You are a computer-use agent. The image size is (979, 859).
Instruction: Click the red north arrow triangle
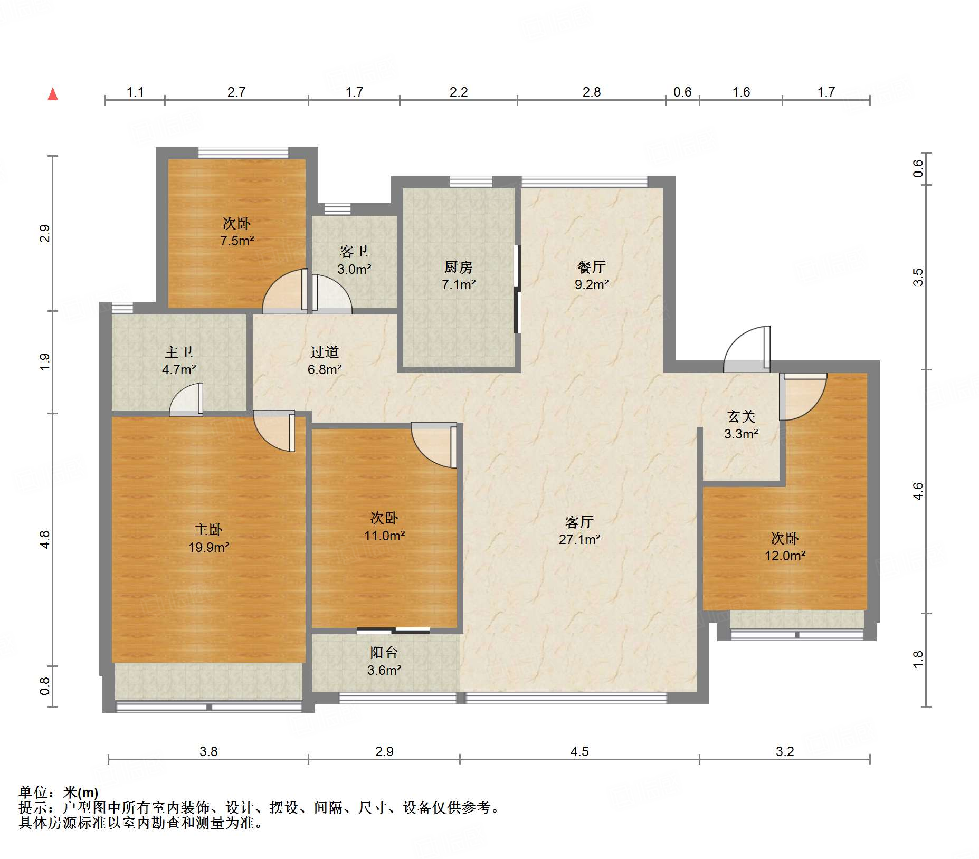[53, 94]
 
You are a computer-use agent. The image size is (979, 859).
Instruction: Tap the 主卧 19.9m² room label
[208, 538]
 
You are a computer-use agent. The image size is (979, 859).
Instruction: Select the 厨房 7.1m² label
[458, 275]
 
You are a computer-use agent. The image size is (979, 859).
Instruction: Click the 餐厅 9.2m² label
[591, 275]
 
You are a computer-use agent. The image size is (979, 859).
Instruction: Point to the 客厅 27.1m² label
[579, 530]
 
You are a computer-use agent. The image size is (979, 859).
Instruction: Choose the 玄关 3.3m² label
[741, 425]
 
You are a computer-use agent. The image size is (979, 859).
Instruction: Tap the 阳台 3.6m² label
[384, 661]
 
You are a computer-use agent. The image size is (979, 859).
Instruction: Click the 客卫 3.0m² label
[354, 260]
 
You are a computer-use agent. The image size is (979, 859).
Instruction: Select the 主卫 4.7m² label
[179, 360]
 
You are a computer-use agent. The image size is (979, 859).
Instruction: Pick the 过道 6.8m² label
[324, 360]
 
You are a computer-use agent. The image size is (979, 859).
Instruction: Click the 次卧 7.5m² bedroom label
[236, 232]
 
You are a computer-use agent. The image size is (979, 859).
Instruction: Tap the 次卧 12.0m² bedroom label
[785, 547]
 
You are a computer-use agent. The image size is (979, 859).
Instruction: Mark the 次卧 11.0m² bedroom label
[384, 527]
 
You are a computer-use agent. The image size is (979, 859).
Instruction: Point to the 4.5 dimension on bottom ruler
[579, 751]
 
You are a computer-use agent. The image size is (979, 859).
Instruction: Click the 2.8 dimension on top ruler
[591, 92]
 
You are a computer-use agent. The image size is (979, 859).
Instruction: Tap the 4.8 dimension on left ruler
[45, 539]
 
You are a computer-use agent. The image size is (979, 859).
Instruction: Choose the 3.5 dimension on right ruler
[918, 277]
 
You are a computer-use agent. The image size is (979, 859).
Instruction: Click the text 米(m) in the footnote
[81, 792]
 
